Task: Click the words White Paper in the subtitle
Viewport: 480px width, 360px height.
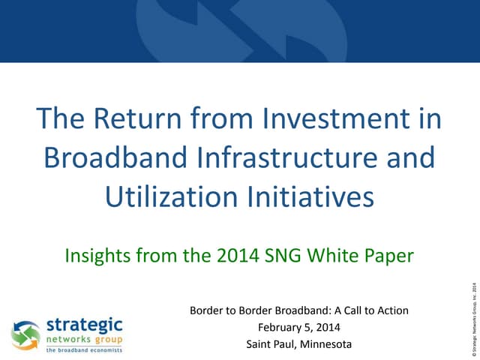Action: pos(366,256)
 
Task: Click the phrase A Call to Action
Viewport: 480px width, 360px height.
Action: pos(366,310)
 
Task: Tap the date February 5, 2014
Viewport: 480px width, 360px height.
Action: pos(298,327)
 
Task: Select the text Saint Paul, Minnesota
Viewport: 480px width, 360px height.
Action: pos(298,344)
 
